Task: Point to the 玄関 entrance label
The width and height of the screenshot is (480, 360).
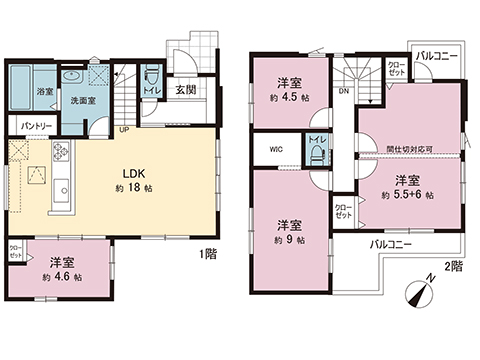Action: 186,90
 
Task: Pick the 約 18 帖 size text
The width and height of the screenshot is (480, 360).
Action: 135,187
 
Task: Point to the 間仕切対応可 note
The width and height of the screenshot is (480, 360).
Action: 409,150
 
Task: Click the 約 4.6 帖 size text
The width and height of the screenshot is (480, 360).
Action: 63,276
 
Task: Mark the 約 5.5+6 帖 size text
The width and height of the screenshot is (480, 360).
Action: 407,196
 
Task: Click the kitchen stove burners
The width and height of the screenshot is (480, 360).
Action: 58,155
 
